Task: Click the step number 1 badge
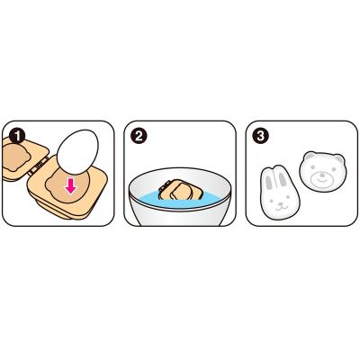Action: [17, 136]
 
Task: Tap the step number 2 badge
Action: [139, 136]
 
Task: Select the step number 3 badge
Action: [260, 136]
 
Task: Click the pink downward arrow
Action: [71, 187]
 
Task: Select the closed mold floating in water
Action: [180, 189]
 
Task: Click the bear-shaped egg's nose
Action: [322, 174]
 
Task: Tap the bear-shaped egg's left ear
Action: [309, 157]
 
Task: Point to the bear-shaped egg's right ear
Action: [339, 158]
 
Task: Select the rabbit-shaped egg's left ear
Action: [270, 181]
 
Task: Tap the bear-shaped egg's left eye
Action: [312, 168]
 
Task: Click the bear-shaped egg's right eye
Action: [332, 170]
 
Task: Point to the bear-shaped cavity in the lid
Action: [15, 157]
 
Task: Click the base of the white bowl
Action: [180, 220]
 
